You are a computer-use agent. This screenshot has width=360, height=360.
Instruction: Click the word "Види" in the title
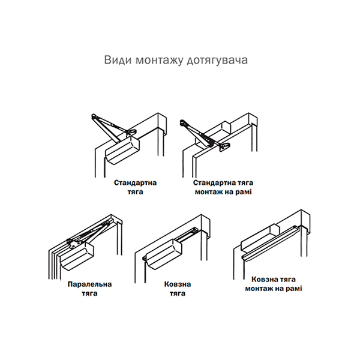coord(118,60)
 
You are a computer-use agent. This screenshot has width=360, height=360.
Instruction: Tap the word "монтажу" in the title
coord(160,61)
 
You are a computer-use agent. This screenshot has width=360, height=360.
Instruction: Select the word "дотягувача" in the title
coord(217,61)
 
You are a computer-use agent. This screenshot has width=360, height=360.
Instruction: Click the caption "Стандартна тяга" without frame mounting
coord(135,187)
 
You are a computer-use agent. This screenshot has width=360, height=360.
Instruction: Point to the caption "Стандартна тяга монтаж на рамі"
coord(223,187)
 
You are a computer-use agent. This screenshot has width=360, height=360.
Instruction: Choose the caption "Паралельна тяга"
coord(89,289)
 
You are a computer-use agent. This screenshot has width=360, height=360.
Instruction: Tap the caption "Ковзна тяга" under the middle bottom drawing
coord(178,289)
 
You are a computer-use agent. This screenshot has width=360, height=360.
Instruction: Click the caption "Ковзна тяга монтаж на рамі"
coord(274,284)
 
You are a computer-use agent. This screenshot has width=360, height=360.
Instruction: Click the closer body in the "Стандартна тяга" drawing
coord(122,151)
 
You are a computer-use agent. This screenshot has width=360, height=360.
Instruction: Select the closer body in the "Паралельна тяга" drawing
coord(77,256)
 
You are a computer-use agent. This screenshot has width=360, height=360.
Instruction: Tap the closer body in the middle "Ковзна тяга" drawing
coord(163,254)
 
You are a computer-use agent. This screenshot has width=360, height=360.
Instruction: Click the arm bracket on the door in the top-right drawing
coord(224,147)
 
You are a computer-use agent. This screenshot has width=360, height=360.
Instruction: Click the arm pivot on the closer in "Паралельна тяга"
coord(73,244)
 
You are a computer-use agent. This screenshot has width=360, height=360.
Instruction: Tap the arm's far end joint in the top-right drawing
coord(182,122)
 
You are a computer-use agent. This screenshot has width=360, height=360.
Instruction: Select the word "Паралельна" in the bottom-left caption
coord(89,284)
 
